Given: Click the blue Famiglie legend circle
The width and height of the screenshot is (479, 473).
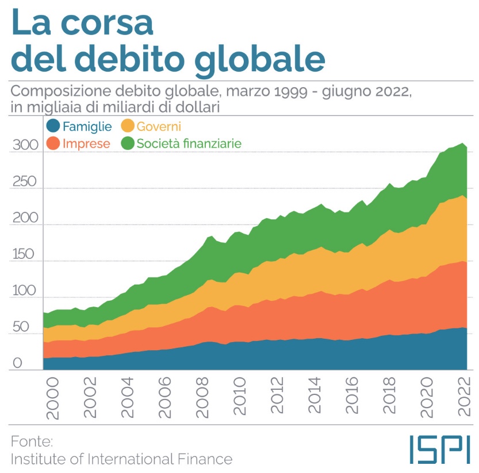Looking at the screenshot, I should pos(53,126).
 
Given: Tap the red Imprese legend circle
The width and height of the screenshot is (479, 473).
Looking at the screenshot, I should pos(53,144).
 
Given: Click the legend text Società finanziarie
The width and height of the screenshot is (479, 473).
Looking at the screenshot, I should pos(189,144).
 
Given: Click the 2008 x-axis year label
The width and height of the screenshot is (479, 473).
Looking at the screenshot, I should pos(202,396).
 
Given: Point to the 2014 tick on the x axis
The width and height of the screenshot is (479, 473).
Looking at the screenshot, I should pos(316,396).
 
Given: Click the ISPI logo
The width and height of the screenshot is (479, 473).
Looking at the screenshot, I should pos(440,449).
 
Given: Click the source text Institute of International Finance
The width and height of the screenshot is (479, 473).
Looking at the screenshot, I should pos(122,459).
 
